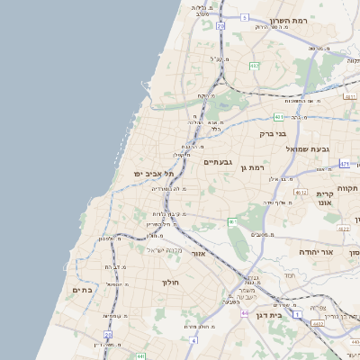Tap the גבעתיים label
(218, 162)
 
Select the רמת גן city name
(256, 166)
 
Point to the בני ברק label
(272, 134)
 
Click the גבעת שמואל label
(307, 148)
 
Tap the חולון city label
(171, 283)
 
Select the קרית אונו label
(326, 199)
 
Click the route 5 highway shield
(244, 17)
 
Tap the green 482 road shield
(254, 66)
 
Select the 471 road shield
(345, 164)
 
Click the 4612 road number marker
(301, 192)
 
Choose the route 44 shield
(245, 313)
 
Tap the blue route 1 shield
(296, 314)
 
